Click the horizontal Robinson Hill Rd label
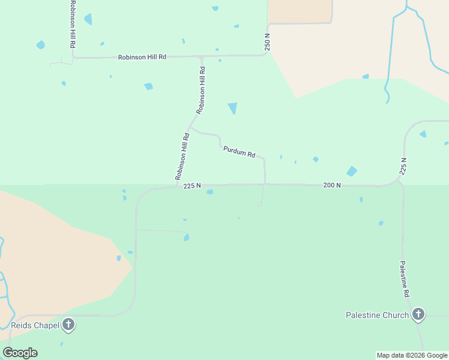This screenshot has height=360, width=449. tap(142, 56)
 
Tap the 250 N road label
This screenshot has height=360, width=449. tap(268, 41)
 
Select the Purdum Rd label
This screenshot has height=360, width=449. tap(239, 152)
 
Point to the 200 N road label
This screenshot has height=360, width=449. tap(332, 185)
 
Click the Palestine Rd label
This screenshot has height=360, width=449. tap(405, 280)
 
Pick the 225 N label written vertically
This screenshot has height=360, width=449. tap(403, 166)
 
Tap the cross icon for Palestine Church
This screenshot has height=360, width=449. tap(418, 314)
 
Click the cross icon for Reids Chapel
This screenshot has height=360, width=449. tap(68, 325)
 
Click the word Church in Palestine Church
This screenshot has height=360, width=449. tap(396, 315)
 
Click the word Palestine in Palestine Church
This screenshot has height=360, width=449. tap(364, 315)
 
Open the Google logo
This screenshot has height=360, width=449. tap(20, 352)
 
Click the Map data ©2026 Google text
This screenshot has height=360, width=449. tap(412, 355)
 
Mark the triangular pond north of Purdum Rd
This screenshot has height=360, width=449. tap(232, 108)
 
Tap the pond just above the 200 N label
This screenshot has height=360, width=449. tap(352, 171)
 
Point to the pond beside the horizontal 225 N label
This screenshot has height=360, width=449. tap(209, 192)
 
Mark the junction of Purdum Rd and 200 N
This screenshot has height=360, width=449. tap(265, 184)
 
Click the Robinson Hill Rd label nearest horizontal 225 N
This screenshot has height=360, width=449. tap(182, 156)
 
